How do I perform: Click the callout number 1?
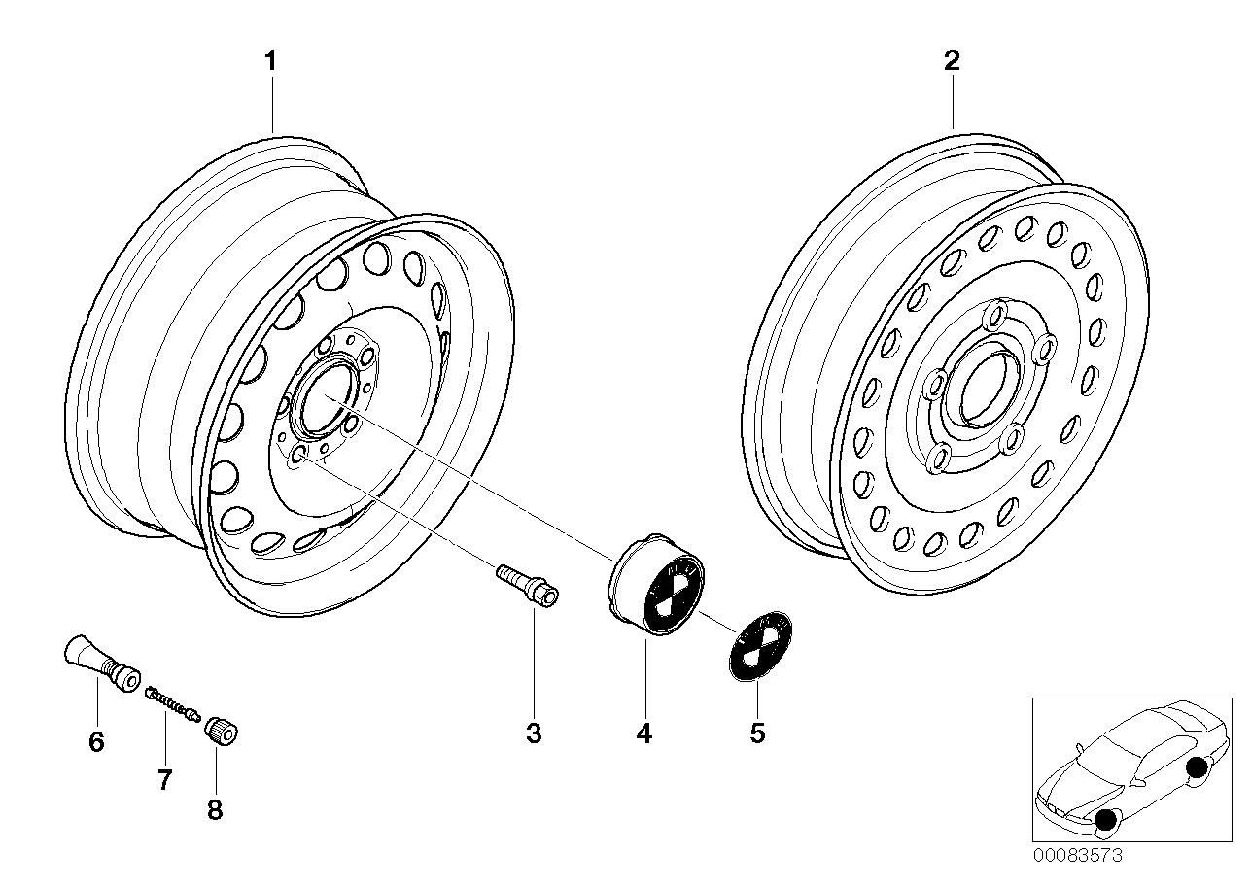[x=271, y=61]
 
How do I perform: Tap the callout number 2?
[x=952, y=61]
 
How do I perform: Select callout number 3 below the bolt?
[x=533, y=733]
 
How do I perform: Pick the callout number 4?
[x=643, y=733]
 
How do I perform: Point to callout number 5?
[x=757, y=733]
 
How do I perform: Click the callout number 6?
[x=95, y=742]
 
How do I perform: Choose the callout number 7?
[x=164, y=778]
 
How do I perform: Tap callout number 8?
[x=215, y=809]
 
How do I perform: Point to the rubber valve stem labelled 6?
[x=98, y=661]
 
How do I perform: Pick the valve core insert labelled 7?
[x=172, y=704]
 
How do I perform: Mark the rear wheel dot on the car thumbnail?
[x=1197, y=767]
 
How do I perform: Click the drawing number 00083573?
[x=1078, y=856]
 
